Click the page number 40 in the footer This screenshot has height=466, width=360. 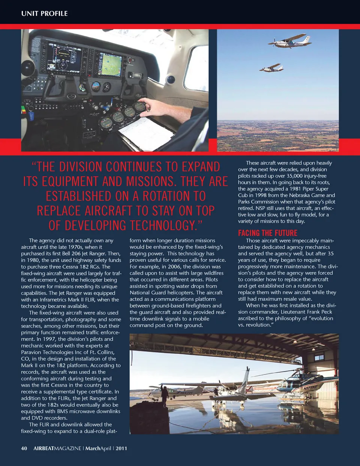pos(24,448)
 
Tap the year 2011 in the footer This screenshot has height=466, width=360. pos(121,448)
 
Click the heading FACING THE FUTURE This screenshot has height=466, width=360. pos(267,232)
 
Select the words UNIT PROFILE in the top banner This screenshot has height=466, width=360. pos(44,13)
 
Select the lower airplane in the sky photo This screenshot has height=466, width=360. pos(271,68)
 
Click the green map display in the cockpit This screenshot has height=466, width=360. pos(110,64)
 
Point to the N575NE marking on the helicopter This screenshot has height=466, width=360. pos(310,387)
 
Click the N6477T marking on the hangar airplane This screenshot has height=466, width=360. pos(185,393)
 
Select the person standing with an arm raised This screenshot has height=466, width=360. pos(164,395)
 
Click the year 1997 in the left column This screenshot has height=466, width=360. pos(49,339)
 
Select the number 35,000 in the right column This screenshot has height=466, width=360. pos(296,176)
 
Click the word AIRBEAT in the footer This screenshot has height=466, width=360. pos(43,448)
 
